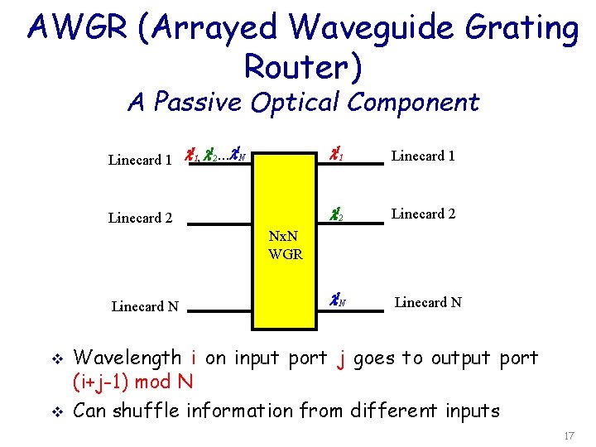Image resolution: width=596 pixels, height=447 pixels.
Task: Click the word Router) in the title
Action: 303,67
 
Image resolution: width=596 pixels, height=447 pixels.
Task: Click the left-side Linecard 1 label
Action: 140,160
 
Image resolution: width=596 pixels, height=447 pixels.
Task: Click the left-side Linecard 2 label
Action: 140,219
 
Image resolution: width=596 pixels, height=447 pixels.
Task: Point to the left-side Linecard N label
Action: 145,306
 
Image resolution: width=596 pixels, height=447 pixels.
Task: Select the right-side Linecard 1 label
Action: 423,156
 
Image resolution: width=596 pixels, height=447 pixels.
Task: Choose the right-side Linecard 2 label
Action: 423,214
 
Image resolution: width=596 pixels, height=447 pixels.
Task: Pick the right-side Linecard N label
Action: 428,302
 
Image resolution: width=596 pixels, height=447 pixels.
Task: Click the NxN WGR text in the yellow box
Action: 286,246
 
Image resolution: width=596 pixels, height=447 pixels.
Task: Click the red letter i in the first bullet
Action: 192,358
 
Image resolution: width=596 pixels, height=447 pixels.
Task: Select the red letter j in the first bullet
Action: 340,359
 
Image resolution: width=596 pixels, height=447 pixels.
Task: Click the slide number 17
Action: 568,435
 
